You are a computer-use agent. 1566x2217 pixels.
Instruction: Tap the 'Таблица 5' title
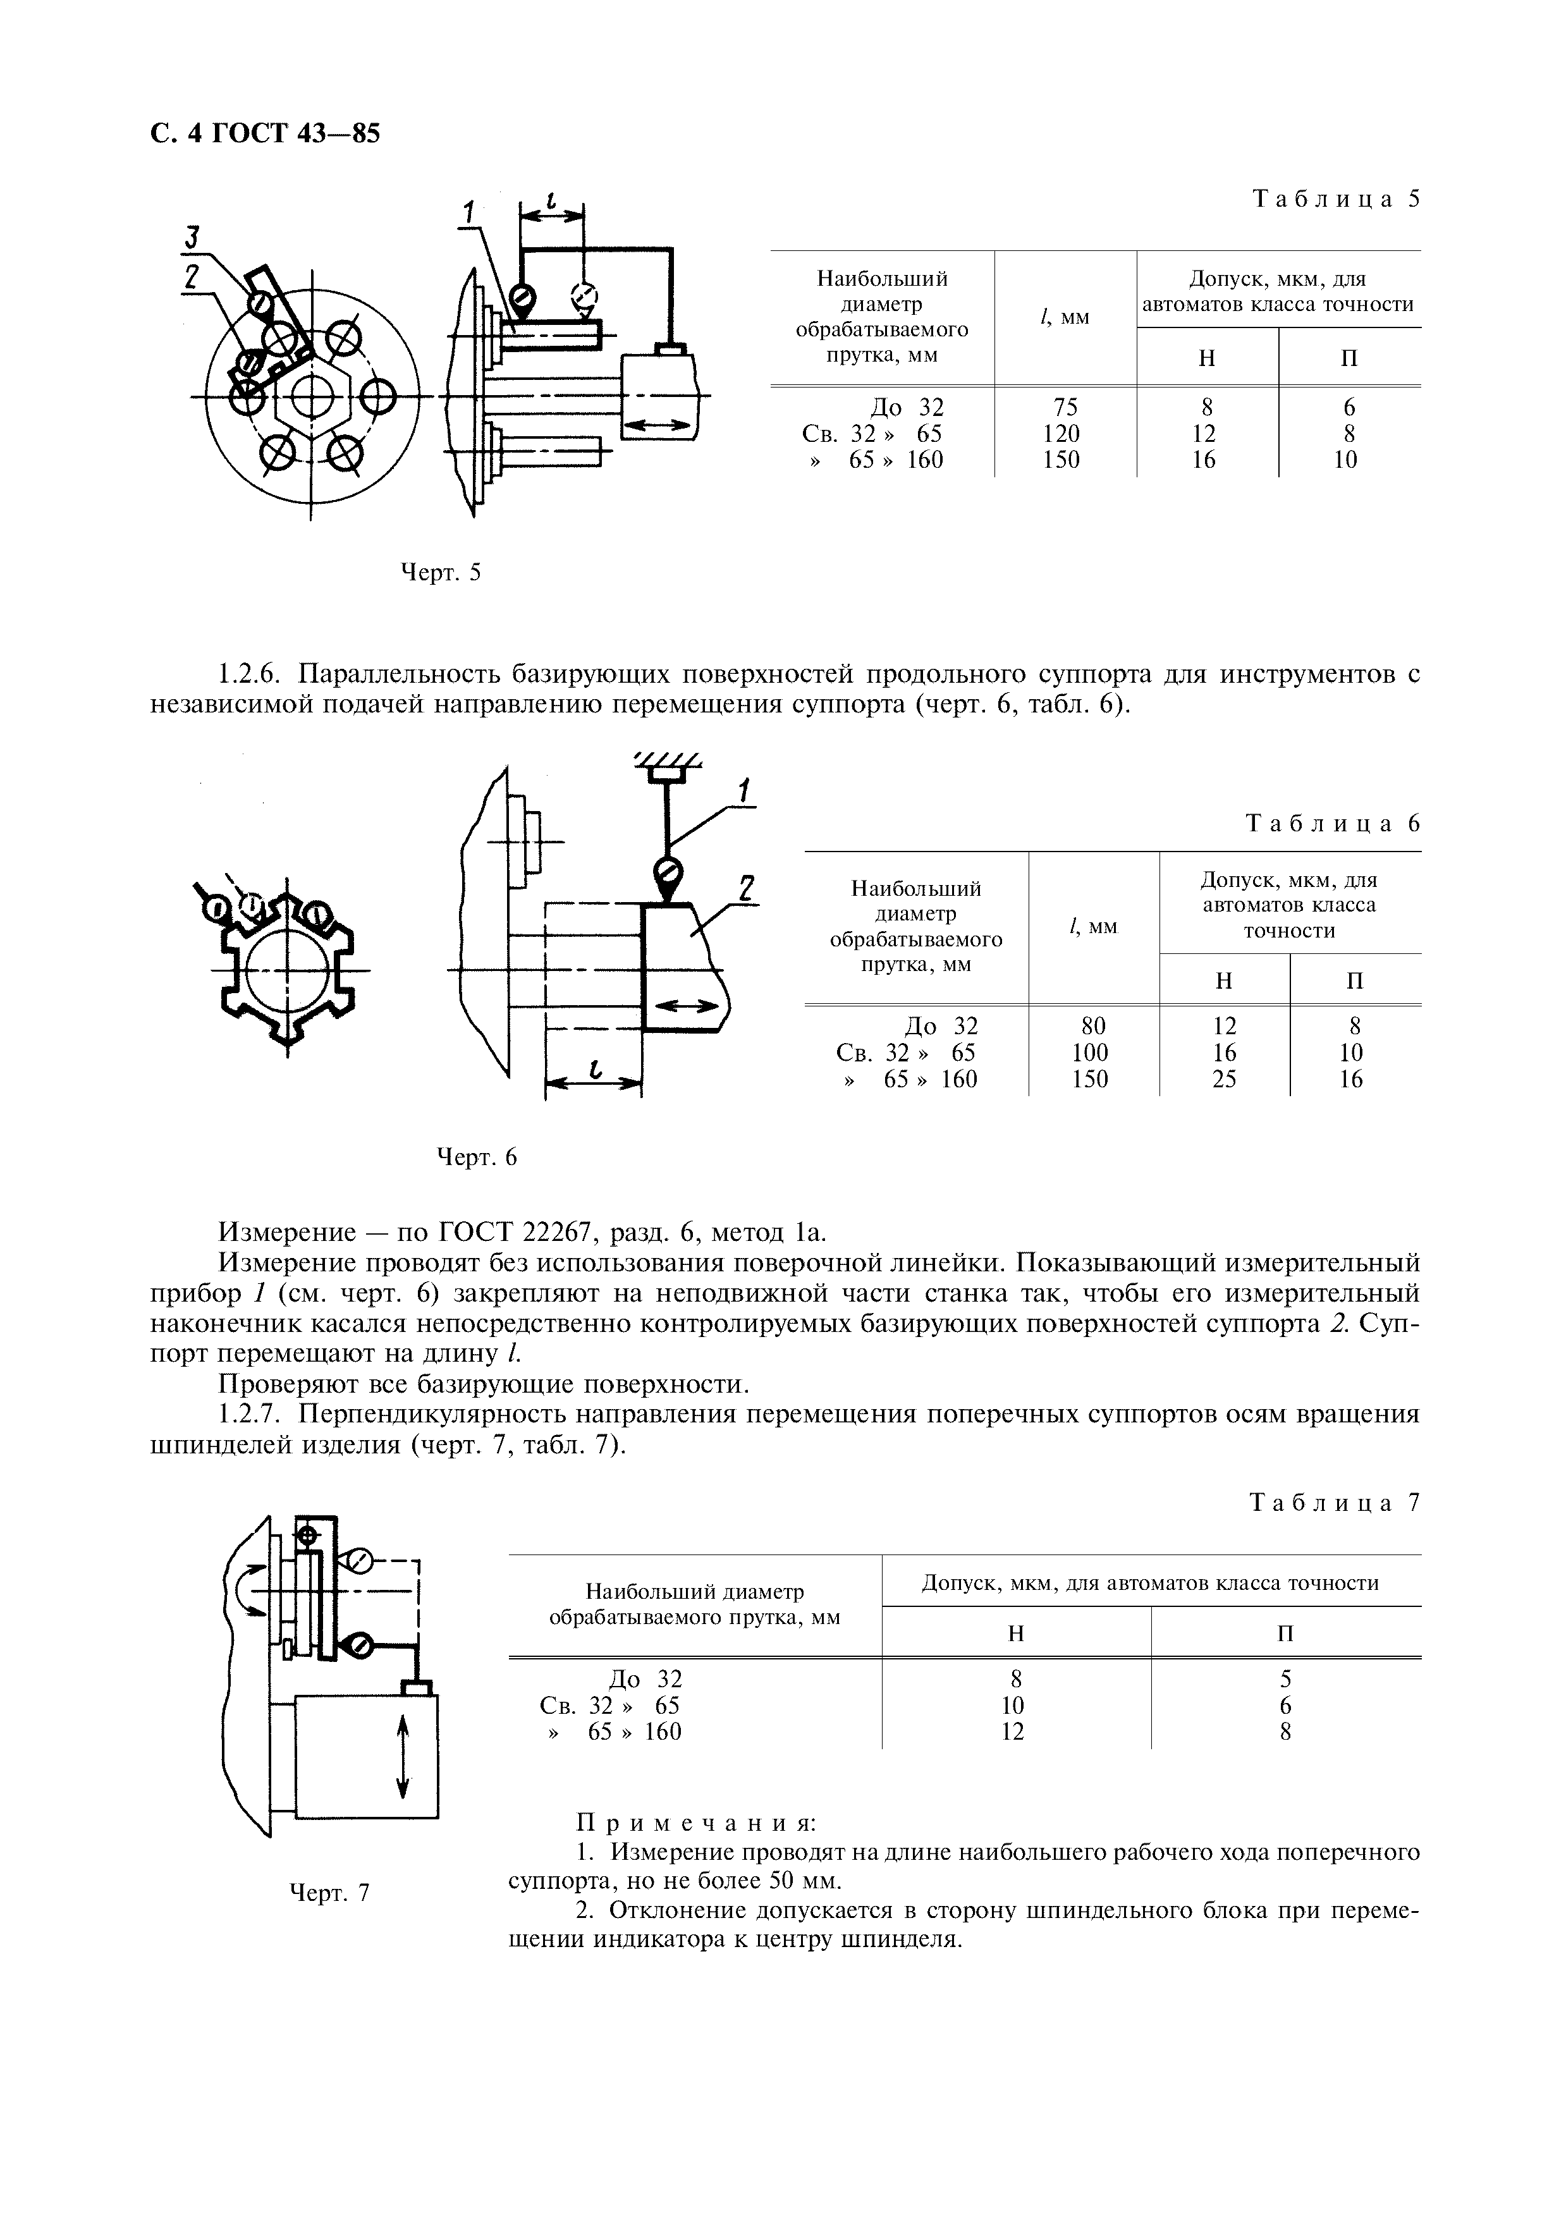1337,200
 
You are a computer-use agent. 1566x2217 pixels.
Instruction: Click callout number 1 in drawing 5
469,212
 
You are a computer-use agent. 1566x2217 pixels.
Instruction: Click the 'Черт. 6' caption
477,1157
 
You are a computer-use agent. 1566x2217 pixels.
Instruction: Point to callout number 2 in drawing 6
745,886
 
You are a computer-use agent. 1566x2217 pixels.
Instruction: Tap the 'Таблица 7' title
1335,1503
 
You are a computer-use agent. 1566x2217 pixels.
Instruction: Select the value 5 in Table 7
1285,1679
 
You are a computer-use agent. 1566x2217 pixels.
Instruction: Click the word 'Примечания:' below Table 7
696,1823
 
